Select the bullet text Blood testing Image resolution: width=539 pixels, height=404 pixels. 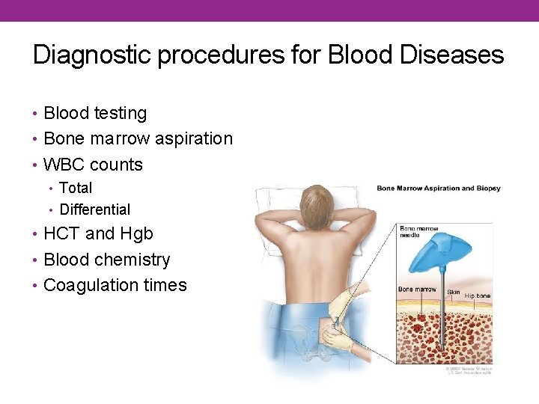[x=95, y=114]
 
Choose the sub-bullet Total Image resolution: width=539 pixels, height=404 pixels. [x=76, y=188]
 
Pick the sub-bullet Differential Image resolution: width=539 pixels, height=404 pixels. [x=94, y=210]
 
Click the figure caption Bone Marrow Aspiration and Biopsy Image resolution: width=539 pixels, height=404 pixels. [x=438, y=189]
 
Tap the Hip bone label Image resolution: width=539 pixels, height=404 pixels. [x=478, y=296]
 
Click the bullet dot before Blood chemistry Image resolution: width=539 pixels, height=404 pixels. [x=37, y=260]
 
